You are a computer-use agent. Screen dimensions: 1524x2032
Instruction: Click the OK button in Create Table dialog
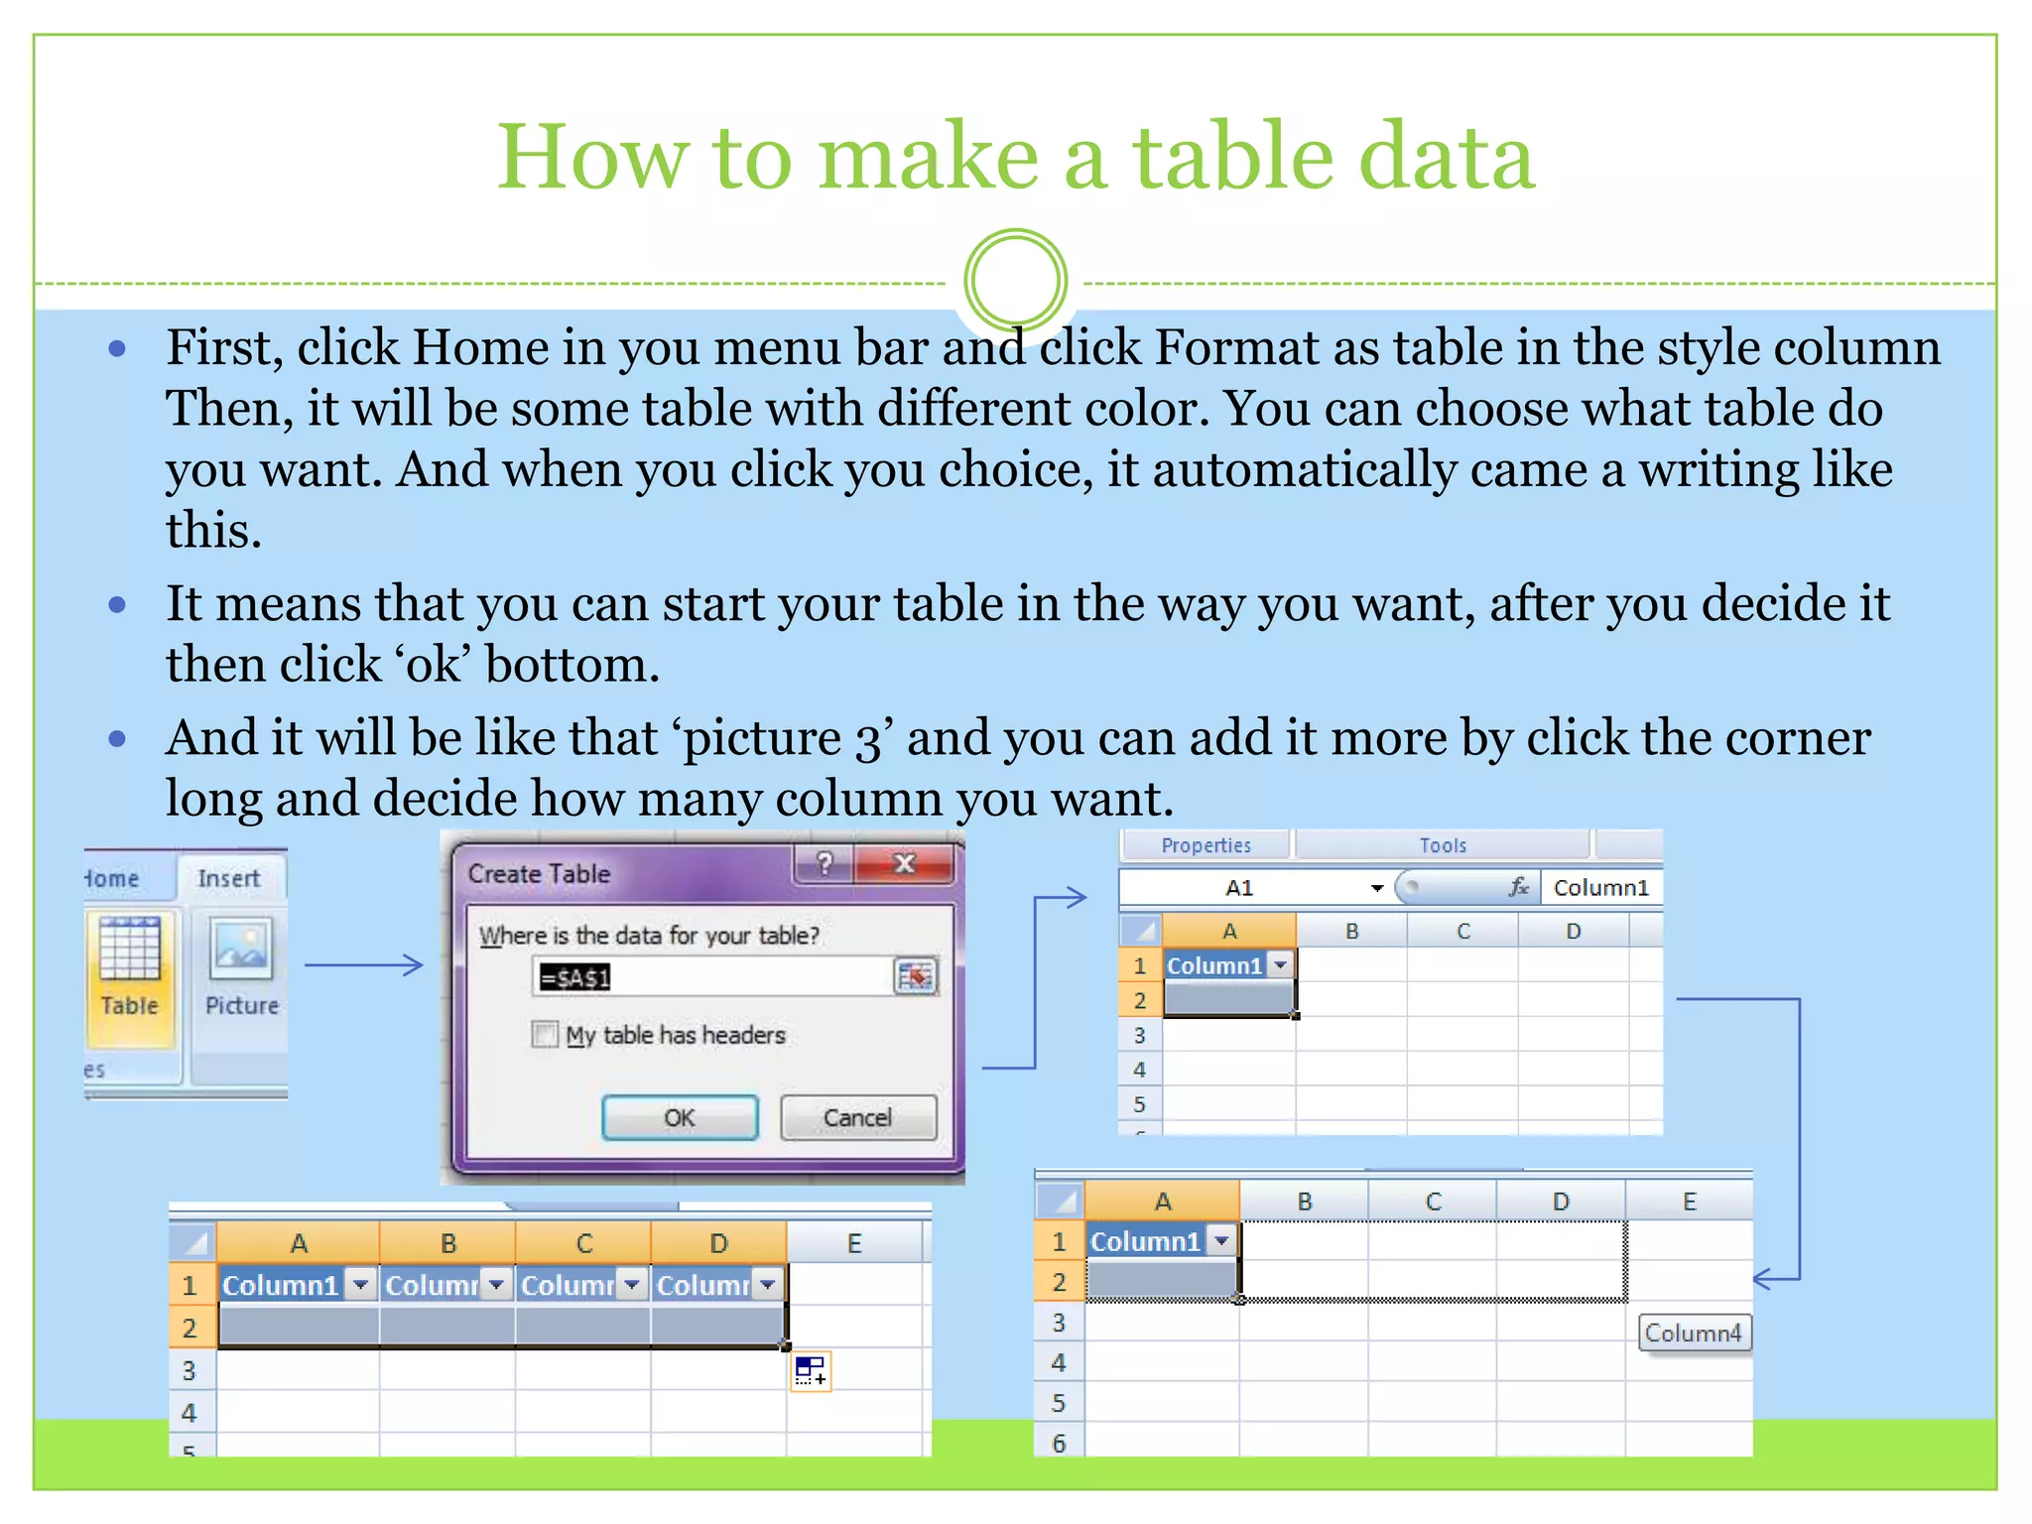[680, 1118]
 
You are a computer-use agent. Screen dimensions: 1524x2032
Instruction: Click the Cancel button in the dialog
[857, 1118]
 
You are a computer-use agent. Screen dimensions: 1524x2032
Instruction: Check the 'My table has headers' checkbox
[545, 1035]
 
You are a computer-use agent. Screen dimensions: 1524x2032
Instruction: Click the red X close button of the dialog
[904, 863]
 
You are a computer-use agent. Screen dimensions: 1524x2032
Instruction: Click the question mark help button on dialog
[824, 863]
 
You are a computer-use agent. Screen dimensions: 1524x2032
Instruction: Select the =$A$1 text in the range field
[574, 978]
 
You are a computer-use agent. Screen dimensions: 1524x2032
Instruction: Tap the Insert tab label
[228, 878]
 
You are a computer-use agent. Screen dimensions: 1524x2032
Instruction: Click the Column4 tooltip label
[1693, 1333]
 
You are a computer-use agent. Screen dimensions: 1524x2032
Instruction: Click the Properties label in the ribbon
[1206, 845]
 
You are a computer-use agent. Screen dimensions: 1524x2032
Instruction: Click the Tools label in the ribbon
[1442, 845]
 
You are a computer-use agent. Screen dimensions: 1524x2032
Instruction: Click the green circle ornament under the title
[1015, 281]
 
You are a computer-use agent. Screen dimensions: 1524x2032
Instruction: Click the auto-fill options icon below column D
[811, 1371]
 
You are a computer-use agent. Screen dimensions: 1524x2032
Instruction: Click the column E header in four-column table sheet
[853, 1243]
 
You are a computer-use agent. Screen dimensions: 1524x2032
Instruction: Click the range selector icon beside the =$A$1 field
[915, 977]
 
